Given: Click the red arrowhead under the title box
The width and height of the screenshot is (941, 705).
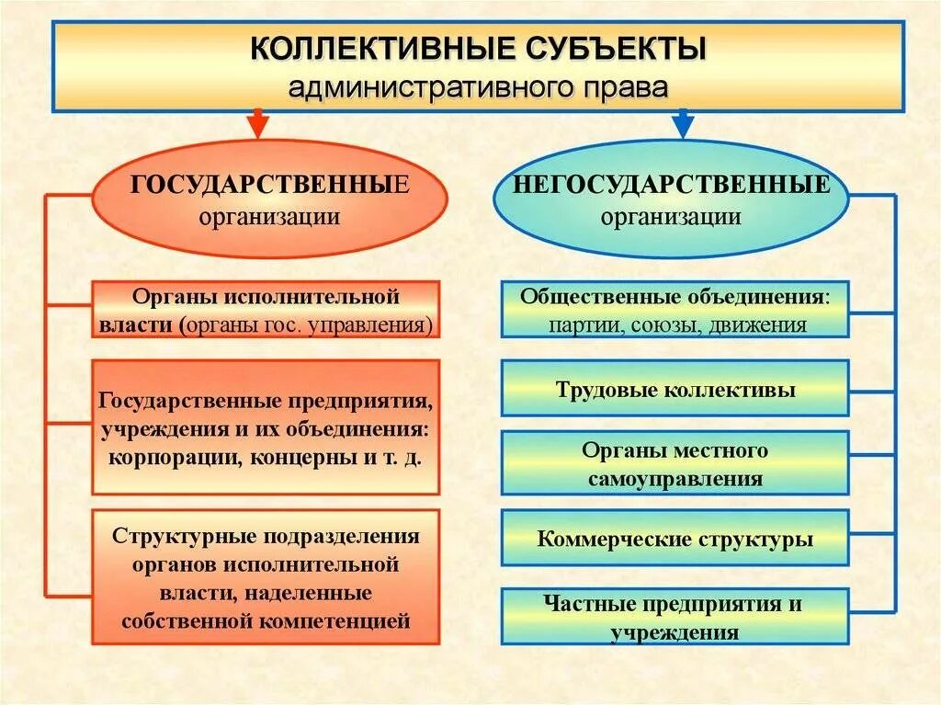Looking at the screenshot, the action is coord(258,123).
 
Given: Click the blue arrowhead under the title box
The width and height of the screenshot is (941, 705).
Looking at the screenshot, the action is coord(682,123).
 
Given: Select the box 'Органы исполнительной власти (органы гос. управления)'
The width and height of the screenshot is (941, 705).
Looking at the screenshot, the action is coord(266,311).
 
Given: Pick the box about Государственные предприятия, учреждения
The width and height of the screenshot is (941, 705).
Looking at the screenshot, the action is coord(266,427).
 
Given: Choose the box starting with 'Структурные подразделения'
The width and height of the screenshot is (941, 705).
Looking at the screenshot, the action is coord(266,578).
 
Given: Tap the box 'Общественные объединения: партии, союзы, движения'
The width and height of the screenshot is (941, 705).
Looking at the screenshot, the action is coord(675,311).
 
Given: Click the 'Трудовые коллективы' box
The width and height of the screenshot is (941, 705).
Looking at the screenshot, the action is coord(675,389).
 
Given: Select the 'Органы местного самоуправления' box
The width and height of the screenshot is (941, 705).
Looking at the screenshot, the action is coord(675,464).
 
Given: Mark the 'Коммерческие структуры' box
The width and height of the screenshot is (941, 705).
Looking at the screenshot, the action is coord(675,540).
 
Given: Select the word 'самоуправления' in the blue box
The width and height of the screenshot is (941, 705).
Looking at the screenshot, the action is coord(675,478).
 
